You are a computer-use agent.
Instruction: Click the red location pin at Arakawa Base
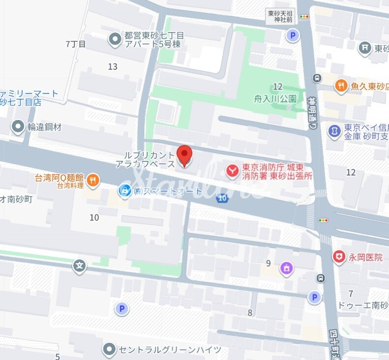[x=184, y=156]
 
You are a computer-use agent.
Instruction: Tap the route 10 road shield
[x=223, y=198]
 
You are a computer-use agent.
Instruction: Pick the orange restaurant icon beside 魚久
[x=341, y=87]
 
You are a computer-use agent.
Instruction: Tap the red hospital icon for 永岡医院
[x=338, y=257]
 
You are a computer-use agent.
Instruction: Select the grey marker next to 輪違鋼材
[x=18, y=127]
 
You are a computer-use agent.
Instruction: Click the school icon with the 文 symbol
[x=79, y=267]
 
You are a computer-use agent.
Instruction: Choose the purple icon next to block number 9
[x=286, y=268]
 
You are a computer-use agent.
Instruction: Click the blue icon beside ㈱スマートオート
[x=125, y=190]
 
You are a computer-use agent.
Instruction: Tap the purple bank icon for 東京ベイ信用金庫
[x=334, y=131]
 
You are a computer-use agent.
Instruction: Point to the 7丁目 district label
[x=76, y=44]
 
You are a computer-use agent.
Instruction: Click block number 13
[x=113, y=67]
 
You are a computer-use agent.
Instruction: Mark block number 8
[x=250, y=313]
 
